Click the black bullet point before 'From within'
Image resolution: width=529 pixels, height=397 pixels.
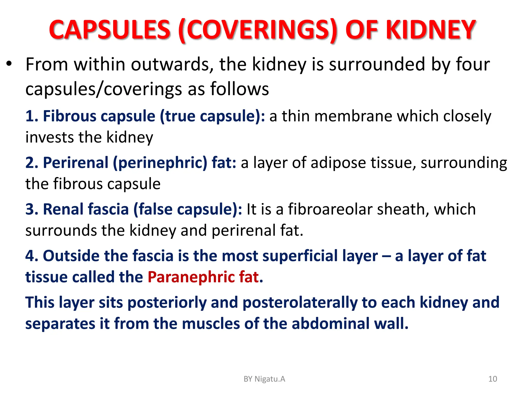tap(9, 64)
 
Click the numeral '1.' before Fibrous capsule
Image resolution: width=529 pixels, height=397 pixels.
tap(32, 116)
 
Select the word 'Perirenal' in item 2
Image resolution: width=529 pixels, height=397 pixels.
tap(75, 163)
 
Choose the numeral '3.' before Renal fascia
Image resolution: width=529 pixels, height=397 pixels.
tap(32, 209)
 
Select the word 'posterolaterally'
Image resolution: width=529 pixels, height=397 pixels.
tap(300, 302)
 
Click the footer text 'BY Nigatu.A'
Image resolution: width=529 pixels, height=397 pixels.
tap(264, 379)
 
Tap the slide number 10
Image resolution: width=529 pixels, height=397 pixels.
tap(493, 379)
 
